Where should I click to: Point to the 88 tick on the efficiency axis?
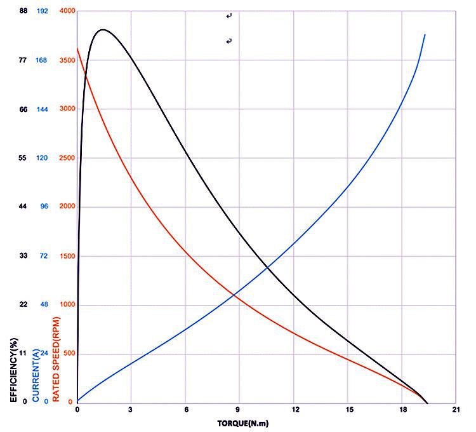[23, 11]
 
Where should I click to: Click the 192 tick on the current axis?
[43, 11]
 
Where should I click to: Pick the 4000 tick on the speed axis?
[67, 11]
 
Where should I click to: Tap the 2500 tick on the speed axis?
[67, 158]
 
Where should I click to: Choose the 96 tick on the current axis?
[44, 207]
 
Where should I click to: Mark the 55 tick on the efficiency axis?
[23, 158]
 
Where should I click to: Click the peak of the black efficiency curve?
[102, 30]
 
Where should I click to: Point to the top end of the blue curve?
[425, 34]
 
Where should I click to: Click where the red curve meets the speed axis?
[77, 48]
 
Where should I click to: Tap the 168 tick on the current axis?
[43, 60]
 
